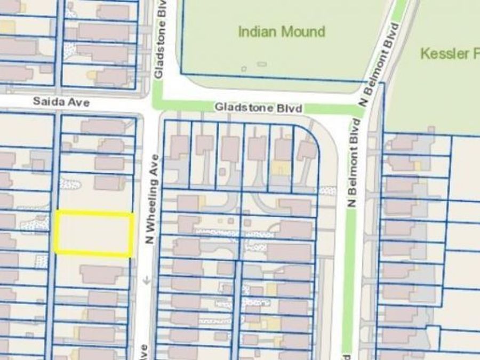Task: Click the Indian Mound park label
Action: coord(281,31)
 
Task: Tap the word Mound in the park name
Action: coord(303,31)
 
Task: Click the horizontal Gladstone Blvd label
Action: coord(259,108)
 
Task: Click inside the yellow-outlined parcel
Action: coord(94,234)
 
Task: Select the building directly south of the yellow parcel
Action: coord(100,274)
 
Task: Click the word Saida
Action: coord(45,101)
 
